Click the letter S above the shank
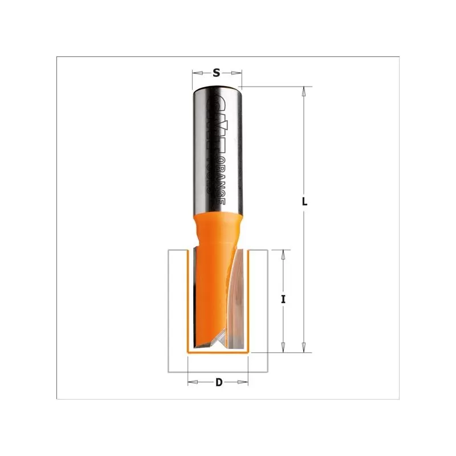(x=217, y=72)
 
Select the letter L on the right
(x=305, y=201)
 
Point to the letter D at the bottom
(x=218, y=382)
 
